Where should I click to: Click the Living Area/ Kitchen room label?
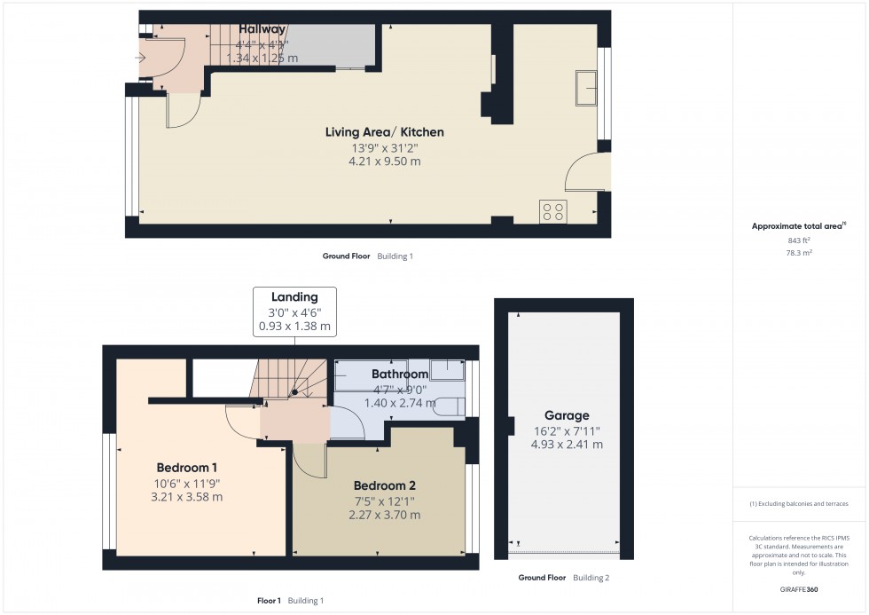click(384, 132)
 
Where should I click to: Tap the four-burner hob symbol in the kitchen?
click(552, 212)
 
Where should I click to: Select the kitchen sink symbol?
click(585, 89)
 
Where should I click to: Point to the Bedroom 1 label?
click(186, 468)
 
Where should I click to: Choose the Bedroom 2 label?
click(384, 485)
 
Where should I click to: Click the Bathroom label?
click(399, 374)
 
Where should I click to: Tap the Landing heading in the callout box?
click(294, 297)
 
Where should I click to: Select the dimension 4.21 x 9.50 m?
click(384, 162)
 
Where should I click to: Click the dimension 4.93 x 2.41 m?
click(567, 445)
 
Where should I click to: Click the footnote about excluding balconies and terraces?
click(799, 503)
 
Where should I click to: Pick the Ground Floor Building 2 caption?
click(563, 578)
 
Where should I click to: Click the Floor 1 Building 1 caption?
click(290, 601)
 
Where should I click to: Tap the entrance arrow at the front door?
click(139, 58)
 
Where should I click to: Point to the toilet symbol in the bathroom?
click(450, 407)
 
